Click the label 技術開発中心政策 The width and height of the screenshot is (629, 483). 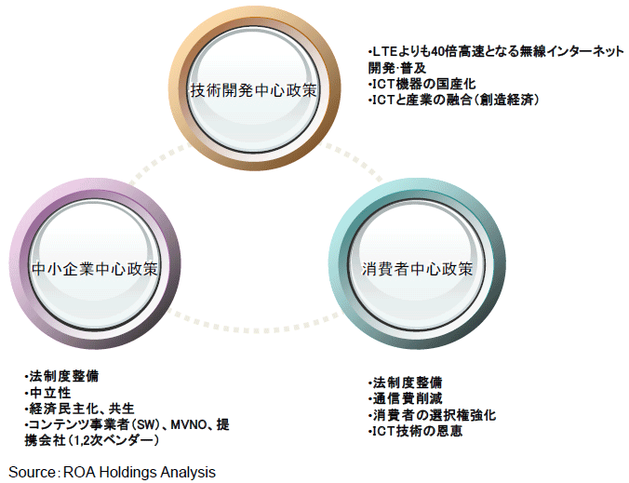tap(253, 91)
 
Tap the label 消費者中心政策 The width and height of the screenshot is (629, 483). tap(418, 269)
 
